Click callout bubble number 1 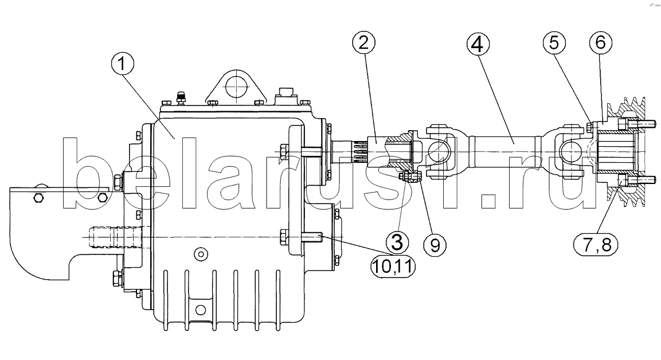tap(122, 65)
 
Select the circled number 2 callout tap(364, 43)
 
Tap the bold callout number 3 tap(397, 242)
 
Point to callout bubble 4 tap(478, 44)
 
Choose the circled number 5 tap(554, 43)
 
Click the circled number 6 tap(601, 42)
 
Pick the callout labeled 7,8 tap(596, 244)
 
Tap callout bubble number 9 tap(435, 245)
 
